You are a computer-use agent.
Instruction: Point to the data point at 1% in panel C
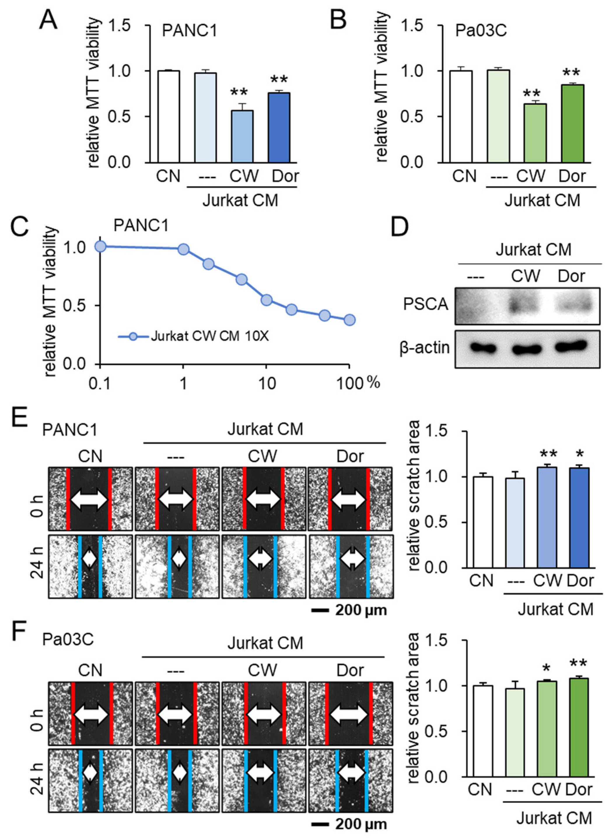(183, 249)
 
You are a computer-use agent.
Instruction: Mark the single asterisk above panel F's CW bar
(546, 668)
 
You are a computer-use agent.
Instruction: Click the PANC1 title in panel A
(190, 31)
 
